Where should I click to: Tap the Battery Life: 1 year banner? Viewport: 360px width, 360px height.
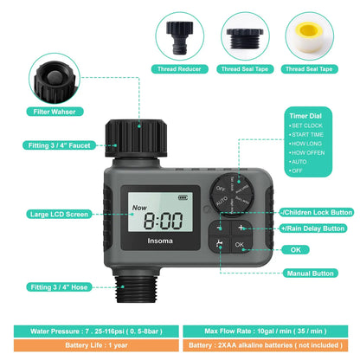(89, 344)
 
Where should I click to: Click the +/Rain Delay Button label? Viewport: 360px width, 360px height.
(317, 228)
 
